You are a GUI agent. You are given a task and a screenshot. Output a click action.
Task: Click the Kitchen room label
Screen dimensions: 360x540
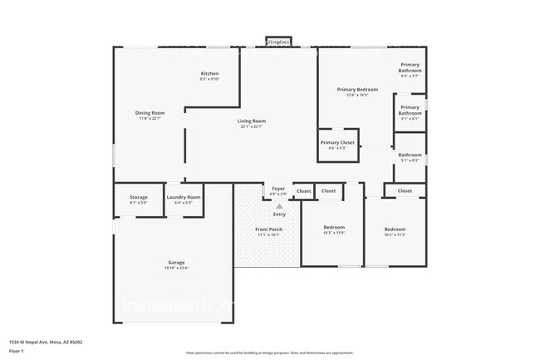pos(209,74)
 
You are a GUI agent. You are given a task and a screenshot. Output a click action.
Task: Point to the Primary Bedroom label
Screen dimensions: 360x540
pos(357,89)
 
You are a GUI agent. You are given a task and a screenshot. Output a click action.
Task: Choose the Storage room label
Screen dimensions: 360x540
pos(139,197)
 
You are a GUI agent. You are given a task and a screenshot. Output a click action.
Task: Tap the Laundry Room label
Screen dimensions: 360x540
pos(184,197)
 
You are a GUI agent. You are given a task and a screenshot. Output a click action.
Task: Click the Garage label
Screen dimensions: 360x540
pos(177,263)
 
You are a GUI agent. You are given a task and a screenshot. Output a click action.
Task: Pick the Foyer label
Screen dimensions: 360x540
pos(278,189)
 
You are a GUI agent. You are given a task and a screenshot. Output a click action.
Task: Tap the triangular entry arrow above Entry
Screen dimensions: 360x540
pos(279,205)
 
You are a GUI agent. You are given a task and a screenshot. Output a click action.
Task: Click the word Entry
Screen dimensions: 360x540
pos(279,215)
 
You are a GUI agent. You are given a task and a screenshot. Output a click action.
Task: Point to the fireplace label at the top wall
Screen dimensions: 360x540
pos(277,41)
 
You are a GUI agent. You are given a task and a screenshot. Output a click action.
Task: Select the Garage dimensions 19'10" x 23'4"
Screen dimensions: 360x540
pos(177,269)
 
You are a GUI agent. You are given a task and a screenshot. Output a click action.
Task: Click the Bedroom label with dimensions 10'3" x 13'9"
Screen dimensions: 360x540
pos(334,227)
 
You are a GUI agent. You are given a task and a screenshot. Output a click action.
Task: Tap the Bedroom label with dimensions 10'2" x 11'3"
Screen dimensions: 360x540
pos(395,229)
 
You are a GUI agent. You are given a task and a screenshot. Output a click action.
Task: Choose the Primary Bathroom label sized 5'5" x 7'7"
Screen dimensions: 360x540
pos(410,67)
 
